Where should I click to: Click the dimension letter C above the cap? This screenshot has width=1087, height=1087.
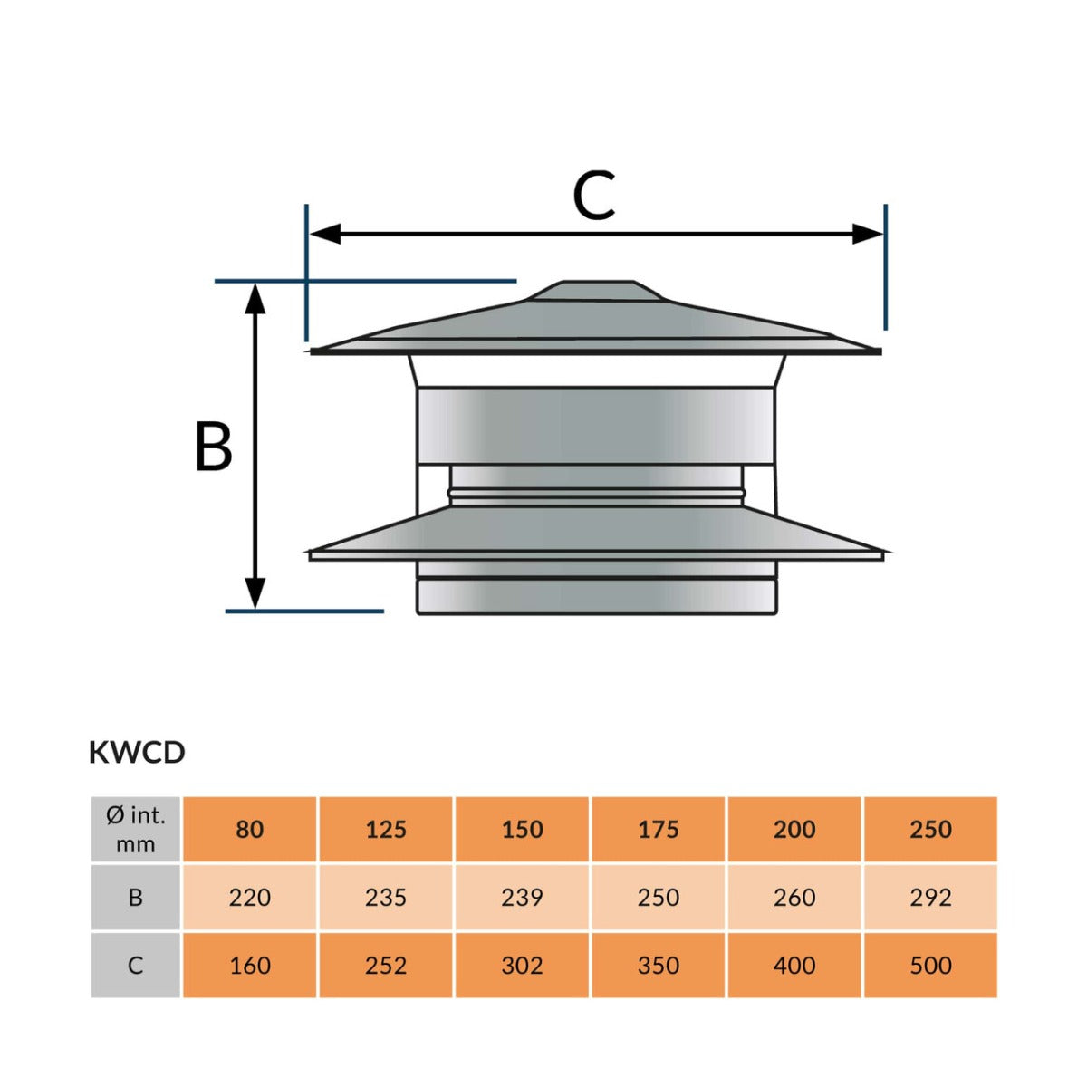coord(594,195)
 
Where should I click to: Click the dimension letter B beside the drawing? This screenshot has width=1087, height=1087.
coord(214,447)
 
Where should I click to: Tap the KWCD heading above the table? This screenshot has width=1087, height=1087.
coord(137,752)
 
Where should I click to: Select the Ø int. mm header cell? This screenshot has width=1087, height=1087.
coord(136,829)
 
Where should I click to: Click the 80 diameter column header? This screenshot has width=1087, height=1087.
coord(250,829)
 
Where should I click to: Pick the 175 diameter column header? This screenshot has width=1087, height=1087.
coord(659,829)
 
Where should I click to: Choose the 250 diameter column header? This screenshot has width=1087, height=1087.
coord(930,829)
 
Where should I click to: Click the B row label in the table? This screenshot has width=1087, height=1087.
coord(136,897)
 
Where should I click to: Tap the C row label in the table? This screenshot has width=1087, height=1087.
coord(136,965)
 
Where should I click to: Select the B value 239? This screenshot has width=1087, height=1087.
coord(523,897)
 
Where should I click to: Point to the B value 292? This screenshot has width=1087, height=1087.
coord(930,897)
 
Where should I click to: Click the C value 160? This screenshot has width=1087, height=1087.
coord(250,965)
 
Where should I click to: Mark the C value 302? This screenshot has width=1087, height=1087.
coord(523,965)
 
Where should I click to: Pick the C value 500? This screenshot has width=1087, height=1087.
coord(930,965)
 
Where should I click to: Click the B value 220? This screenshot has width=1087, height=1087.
coord(250,897)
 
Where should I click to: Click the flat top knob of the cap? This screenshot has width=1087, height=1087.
coord(599,287)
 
